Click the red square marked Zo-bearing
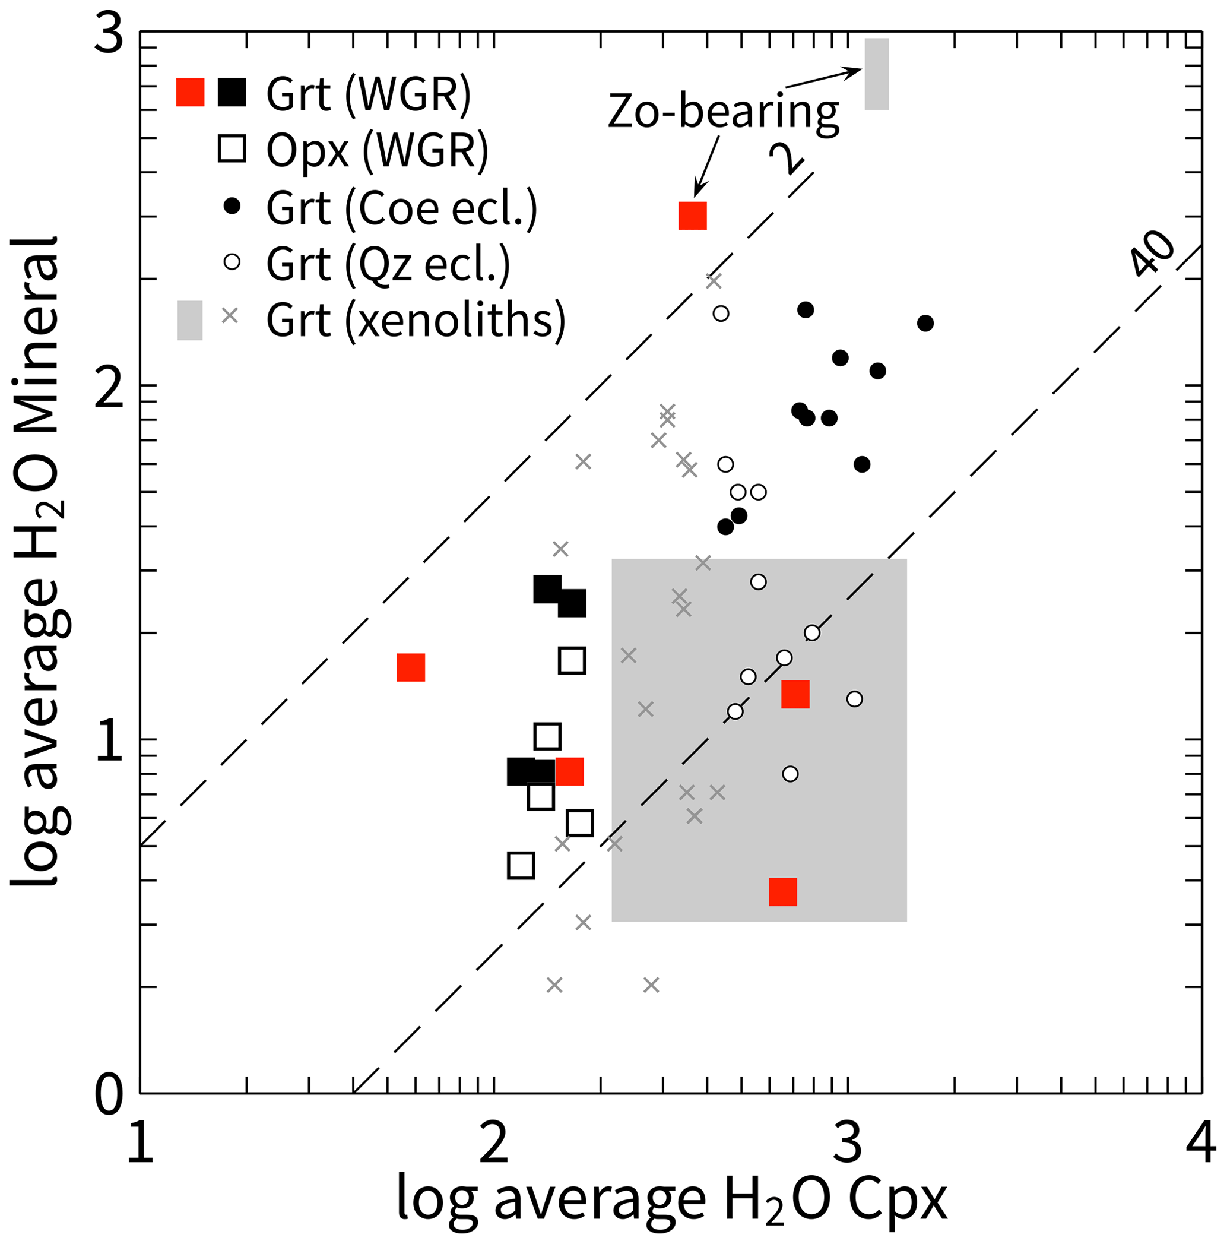[693, 216]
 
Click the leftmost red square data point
[411, 667]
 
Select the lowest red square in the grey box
[783, 892]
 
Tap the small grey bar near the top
[876, 74]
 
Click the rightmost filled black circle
[925, 323]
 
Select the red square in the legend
[191, 92]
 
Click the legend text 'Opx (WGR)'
[377, 150]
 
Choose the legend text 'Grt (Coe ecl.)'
[401, 207]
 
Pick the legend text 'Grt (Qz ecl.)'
[388, 264]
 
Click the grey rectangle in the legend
[190, 320]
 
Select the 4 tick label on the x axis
[1201, 1144]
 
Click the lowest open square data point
[521, 866]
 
